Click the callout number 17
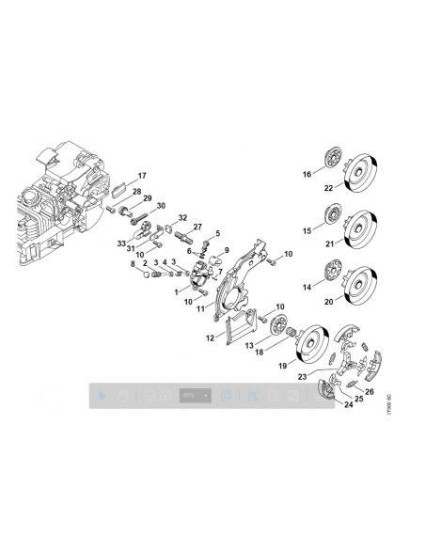tap(143, 177)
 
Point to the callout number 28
tap(137, 192)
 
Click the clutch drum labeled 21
tap(360, 226)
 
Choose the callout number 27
tap(197, 227)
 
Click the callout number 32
tap(183, 218)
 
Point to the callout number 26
tap(369, 391)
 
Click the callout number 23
tap(303, 375)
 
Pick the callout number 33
tap(122, 243)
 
